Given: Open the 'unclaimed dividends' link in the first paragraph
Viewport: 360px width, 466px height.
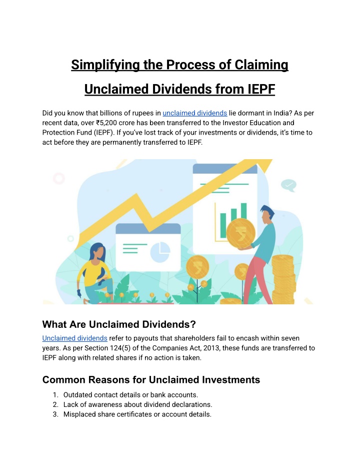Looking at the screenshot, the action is [194, 113].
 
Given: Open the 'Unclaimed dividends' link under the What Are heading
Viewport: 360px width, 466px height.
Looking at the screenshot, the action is [75, 338].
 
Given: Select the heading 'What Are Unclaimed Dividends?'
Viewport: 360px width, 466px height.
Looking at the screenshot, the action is [119, 324].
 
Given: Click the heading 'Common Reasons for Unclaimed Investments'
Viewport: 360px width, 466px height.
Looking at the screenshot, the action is [151, 380].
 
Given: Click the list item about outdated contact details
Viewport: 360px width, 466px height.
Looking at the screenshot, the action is [130, 395].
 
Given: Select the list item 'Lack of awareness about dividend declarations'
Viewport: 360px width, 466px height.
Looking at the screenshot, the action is [137, 405].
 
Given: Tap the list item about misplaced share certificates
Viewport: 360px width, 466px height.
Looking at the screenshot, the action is [137, 414].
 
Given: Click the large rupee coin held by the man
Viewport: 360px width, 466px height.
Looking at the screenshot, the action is [240, 233].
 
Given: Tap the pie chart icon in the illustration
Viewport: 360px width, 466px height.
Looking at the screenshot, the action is [160, 252].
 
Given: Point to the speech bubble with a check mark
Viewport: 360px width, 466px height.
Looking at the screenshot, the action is [288, 185].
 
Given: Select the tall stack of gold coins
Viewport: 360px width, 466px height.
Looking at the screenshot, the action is [283, 279].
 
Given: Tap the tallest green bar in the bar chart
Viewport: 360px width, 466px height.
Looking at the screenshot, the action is [243, 212].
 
